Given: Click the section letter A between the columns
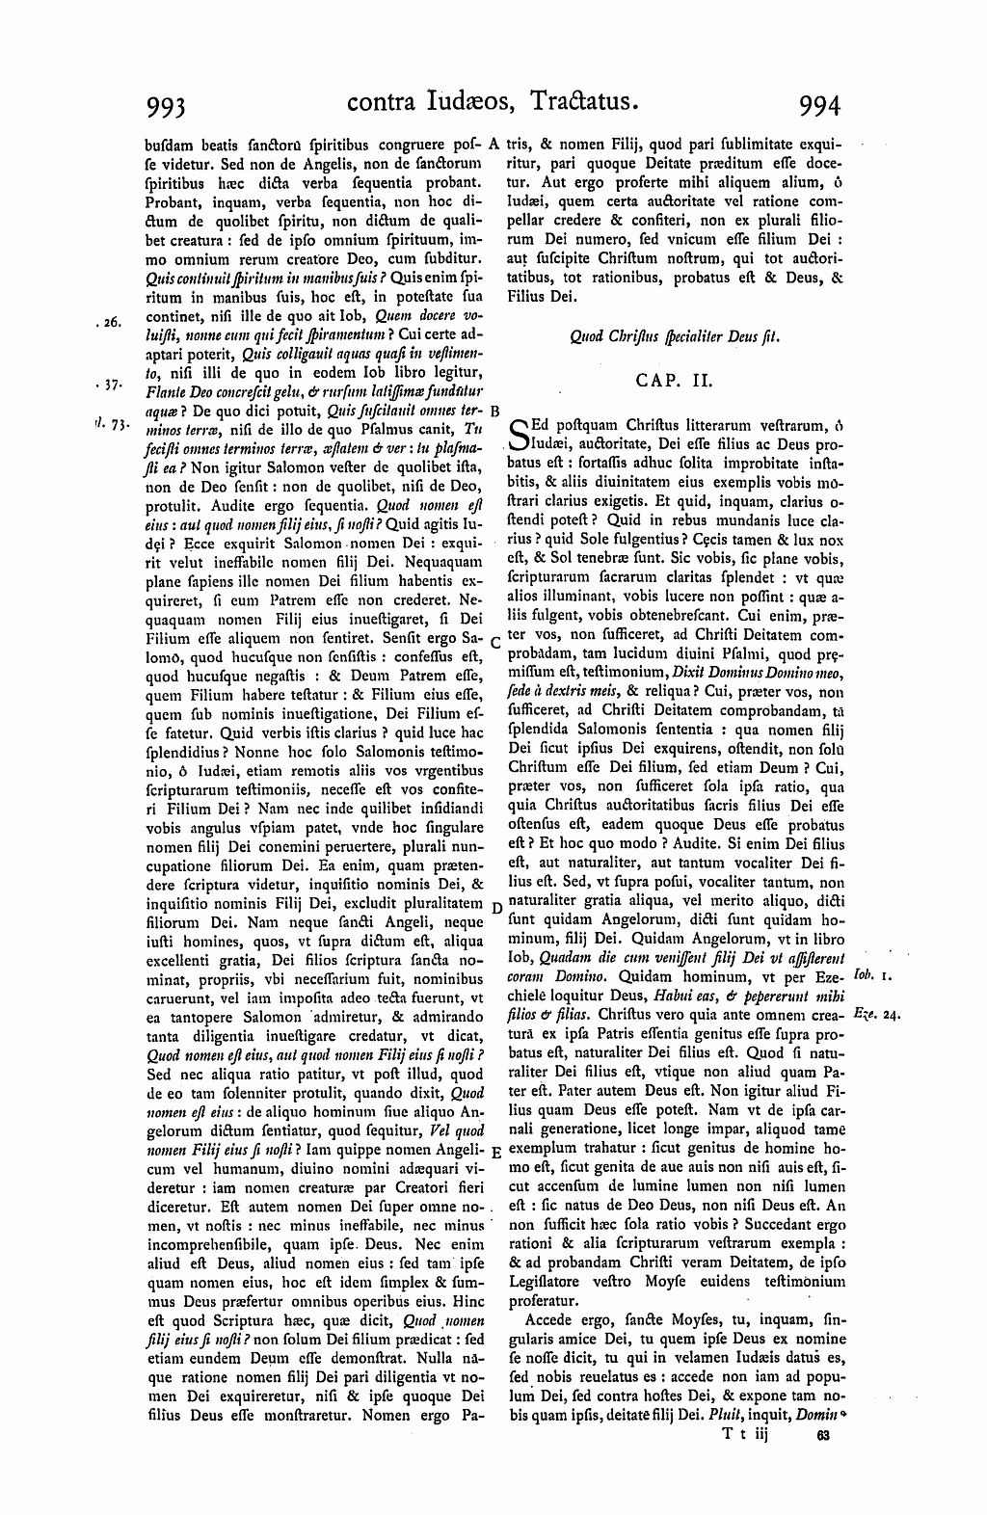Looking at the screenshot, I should [493, 146].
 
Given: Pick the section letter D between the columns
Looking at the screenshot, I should [493, 908].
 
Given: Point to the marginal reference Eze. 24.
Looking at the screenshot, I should [875, 1015].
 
